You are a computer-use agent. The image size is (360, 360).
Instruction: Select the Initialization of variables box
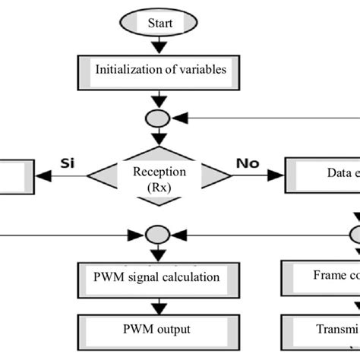(x=159, y=70)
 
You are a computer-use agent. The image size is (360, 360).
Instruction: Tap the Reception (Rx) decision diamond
(x=159, y=178)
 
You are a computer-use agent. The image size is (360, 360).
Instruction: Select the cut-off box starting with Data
(x=322, y=174)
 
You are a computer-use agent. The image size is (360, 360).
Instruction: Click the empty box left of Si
(x=16, y=175)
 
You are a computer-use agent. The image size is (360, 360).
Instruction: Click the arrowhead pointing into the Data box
(x=278, y=175)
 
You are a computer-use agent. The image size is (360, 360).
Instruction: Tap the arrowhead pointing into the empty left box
(x=42, y=175)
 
